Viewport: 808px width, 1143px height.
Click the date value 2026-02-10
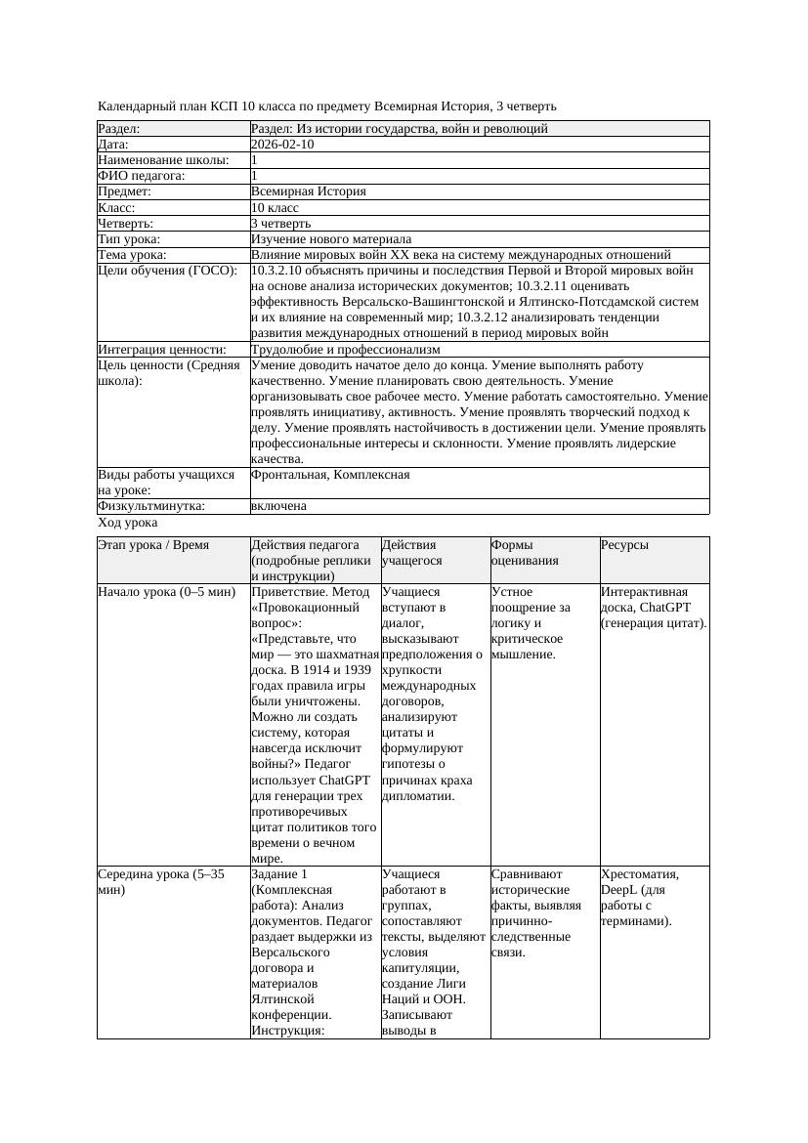[x=282, y=145]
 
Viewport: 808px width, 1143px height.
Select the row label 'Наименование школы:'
[x=164, y=160]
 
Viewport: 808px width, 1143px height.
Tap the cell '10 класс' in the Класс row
[x=275, y=208]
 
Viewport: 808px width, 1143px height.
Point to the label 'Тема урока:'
[x=132, y=255]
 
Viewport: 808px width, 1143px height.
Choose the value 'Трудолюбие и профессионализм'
[x=345, y=350]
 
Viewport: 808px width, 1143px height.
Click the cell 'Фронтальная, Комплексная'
[x=330, y=475]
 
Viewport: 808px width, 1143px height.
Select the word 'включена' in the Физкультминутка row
[x=278, y=506]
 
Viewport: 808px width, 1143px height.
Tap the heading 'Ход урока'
[x=128, y=523]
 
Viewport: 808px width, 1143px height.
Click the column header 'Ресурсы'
[x=625, y=545]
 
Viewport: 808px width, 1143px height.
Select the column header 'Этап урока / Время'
[x=153, y=545]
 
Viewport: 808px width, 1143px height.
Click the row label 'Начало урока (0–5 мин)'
[x=167, y=592]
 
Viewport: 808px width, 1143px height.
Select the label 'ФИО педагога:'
[x=142, y=176]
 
